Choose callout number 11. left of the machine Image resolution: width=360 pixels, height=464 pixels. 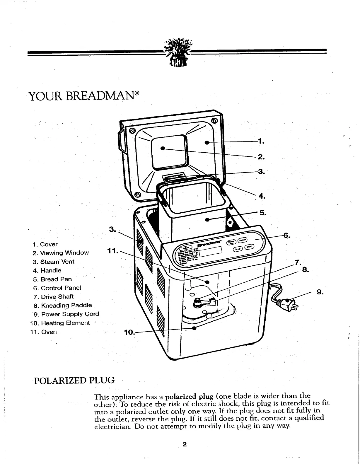113,251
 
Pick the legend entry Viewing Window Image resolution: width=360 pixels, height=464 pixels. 64,253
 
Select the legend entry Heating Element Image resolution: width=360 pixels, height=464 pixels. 65,323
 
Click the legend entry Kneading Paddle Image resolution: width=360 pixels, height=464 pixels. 66,306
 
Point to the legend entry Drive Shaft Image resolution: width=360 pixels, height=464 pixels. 57,297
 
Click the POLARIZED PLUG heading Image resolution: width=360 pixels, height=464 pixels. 74,381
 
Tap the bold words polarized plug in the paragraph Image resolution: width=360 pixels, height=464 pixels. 189,397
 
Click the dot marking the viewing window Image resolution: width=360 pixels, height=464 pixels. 163,148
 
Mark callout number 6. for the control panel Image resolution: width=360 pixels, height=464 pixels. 287,235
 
